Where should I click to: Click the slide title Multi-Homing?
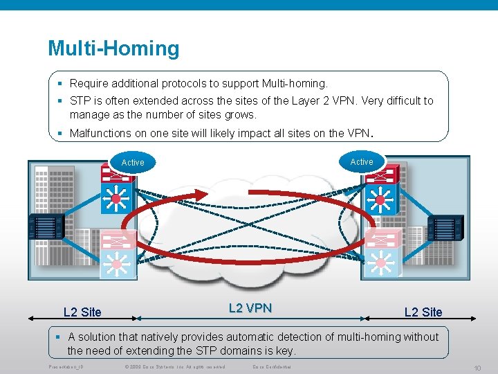point(113,48)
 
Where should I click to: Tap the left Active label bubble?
point(133,163)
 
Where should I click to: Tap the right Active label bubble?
point(361,161)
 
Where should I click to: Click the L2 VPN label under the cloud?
point(250,308)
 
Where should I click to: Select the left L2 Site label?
point(82,312)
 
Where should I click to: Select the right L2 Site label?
point(423,312)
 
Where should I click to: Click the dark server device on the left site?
point(46,226)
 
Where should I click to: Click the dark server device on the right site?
point(445,226)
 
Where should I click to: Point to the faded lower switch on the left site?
point(116,263)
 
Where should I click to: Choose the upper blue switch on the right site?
point(379,201)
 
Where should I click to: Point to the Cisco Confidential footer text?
point(272,366)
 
